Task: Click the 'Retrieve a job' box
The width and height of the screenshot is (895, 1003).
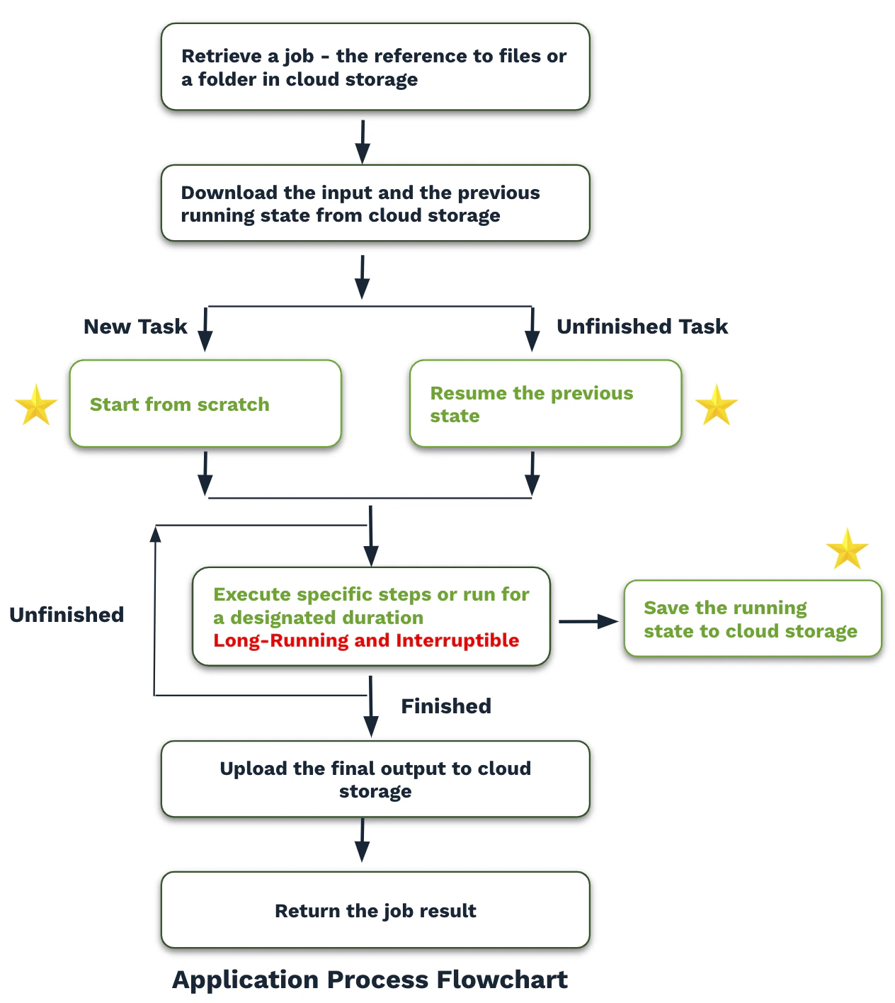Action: tap(375, 67)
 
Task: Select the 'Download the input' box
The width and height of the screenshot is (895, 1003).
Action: tap(375, 203)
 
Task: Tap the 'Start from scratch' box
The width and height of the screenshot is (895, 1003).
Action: tap(205, 404)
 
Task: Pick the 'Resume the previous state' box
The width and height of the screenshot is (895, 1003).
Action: tap(545, 404)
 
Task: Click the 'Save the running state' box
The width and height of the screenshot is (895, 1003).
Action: tap(753, 619)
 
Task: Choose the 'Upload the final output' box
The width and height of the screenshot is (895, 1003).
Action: tap(375, 779)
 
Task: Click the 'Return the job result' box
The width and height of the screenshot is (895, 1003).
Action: tap(375, 910)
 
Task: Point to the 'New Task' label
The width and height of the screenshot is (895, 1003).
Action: tap(135, 327)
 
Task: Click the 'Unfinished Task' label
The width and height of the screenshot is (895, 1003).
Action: tap(642, 327)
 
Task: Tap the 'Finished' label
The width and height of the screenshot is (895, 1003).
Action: tap(446, 706)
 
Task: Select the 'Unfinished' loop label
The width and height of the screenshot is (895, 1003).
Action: tap(67, 615)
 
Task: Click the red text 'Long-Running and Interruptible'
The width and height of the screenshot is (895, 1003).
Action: tap(366, 641)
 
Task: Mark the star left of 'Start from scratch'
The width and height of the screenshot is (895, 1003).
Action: tap(36, 405)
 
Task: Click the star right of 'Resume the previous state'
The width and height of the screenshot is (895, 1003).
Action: tap(717, 405)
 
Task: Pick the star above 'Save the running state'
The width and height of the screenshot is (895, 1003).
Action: tap(847, 549)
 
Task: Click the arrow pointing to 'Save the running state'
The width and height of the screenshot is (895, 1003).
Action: tap(588, 622)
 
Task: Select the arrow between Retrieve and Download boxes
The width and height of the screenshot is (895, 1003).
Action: tap(363, 142)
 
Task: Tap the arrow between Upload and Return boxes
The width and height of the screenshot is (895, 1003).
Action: tap(363, 840)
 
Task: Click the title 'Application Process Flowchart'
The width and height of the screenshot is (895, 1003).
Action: tap(370, 980)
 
